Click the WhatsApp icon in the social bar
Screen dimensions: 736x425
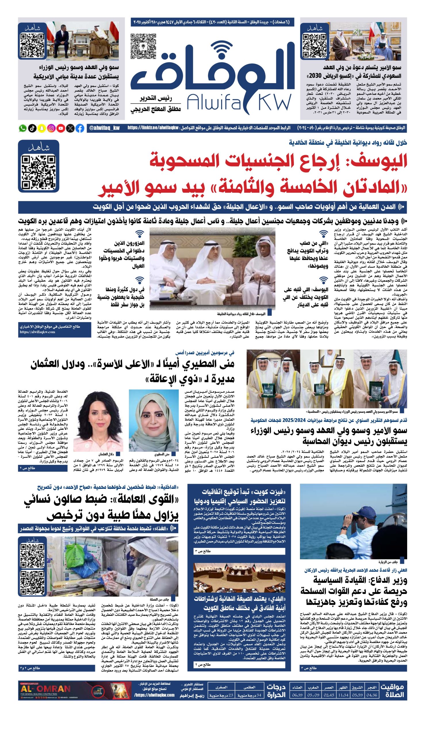coord(22,128)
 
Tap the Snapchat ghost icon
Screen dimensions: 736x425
coord(42,128)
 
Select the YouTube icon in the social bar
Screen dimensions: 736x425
coord(61,128)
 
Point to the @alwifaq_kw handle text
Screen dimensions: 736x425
coord(104,128)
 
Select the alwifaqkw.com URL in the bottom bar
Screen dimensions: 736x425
coord(154,695)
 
